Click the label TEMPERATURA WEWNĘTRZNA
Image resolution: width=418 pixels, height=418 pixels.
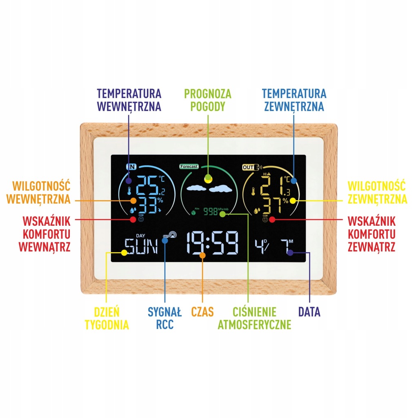point(129,100)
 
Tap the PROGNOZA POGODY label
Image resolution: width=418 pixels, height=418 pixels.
point(207,100)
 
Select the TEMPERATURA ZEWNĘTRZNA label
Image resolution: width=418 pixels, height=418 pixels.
point(294,100)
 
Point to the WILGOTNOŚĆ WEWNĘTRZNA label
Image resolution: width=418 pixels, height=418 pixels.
point(41,192)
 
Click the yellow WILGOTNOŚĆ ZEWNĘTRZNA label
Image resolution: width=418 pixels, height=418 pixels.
point(376,192)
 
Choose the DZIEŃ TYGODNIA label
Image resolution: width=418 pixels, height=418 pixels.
point(107,318)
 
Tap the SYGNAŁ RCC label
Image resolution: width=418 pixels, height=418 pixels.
point(164,318)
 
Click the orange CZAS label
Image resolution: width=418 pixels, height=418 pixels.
point(202,312)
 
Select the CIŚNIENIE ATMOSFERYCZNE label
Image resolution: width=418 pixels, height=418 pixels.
point(254,318)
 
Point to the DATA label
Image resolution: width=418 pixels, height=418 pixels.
point(309,312)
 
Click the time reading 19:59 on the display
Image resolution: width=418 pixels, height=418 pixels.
point(213,244)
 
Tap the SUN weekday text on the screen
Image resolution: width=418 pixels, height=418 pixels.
point(141,247)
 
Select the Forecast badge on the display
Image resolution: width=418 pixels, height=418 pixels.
point(189,167)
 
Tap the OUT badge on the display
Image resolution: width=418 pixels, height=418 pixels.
point(248,167)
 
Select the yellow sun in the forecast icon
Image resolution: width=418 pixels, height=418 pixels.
point(208,178)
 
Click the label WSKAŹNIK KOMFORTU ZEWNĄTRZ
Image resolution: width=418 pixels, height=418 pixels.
point(371,234)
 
